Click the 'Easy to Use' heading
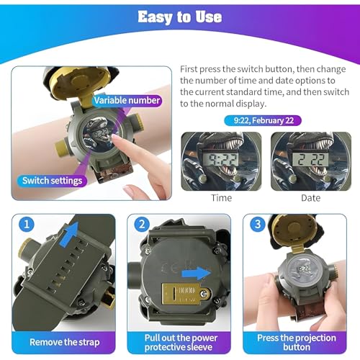(x=180, y=17)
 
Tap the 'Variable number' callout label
(x=127, y=100)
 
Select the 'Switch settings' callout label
(x=52, y=181)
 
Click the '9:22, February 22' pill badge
(x=263, y=120)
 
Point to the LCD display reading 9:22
(x=221, y=160)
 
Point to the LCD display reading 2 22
(x=311, y=160)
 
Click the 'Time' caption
(x=221, y=198)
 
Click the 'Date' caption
(x=311, y=198)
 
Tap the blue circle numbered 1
(x=27, y=225)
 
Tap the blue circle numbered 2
(x=142, y=225)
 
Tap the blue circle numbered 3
(x=258, y=225)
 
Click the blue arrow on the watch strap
(x=70, y=234)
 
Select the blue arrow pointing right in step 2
(x=197, y=273)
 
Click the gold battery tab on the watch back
(x=185, y=293)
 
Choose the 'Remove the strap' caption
(x=64, y=342)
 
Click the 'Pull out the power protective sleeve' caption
(x=181, y=343)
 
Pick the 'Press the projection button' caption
(x=297, y=343)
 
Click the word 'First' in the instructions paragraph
(x=189, y=69)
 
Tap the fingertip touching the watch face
(x=115, y=138)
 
